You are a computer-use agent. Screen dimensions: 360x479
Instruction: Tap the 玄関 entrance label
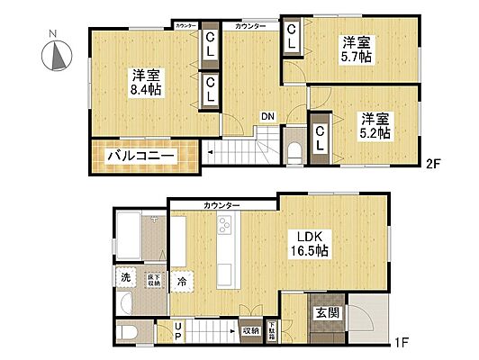coord(326,313)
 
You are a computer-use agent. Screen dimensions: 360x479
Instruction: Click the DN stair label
coord(268,116)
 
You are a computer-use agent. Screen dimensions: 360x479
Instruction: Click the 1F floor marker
coord(401,343)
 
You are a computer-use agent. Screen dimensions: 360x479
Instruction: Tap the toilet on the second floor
coord(294,148)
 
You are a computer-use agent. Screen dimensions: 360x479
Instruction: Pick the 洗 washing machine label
coord(127,277)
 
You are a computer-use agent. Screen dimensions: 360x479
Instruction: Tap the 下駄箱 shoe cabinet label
coord(271,328)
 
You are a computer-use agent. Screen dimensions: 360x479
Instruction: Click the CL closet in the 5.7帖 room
coord(293,38)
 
